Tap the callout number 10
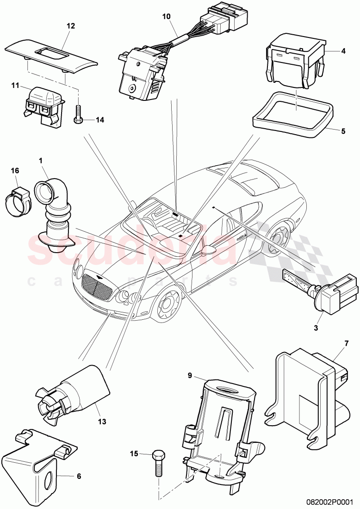click(166, 16)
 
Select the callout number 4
click(343, 51)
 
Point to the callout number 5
click(343, 131)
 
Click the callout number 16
click(16, 171)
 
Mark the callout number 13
click(102, 422)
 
